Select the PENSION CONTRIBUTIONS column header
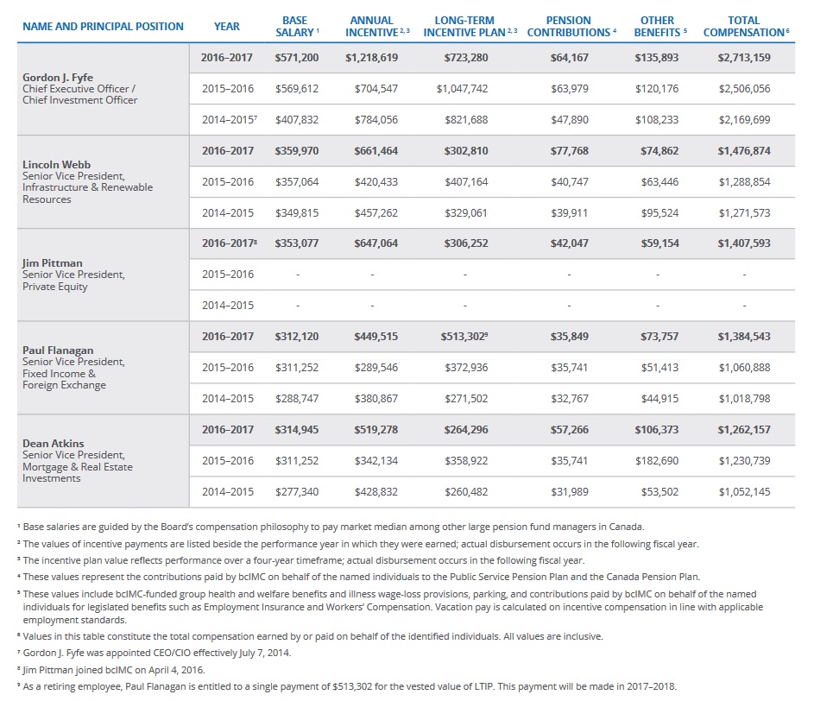tap(568, 26)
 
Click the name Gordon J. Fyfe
tap(58, 77)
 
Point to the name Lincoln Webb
tap(55, 164)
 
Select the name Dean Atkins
tap(53, 443)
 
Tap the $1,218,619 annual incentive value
tap(372, 57)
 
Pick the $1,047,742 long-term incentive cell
tap(462, 88)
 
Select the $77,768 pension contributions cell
tap(569, 150)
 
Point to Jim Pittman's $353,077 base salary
tap(296, 243)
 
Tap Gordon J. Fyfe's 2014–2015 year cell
tap(229, 120)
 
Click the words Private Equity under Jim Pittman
tap(55, 287)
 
